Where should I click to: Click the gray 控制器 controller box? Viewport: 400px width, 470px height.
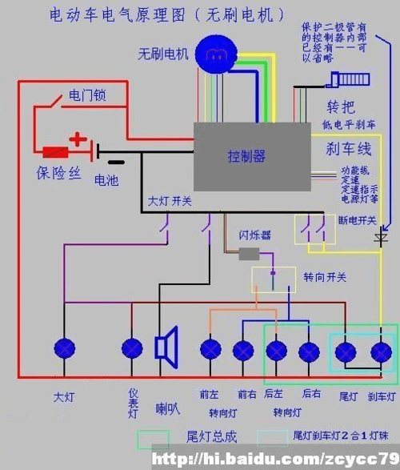tap(252, 155)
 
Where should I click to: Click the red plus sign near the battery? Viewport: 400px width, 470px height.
tap(78, 140)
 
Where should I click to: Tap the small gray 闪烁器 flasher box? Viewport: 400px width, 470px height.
tap(249, 254)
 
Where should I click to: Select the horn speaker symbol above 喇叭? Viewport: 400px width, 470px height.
tap(166, 348)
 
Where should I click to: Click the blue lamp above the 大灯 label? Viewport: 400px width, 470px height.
tap(64, 349)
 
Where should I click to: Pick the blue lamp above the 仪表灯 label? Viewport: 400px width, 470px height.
tap(132, 349)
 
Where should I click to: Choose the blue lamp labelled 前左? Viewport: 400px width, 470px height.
tap(210, 350)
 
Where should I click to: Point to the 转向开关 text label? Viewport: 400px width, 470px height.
tap(324, 277)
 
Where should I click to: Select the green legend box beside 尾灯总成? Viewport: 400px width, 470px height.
tap(153, 439)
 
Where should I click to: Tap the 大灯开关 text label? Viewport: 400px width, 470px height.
tap(169, 201)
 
